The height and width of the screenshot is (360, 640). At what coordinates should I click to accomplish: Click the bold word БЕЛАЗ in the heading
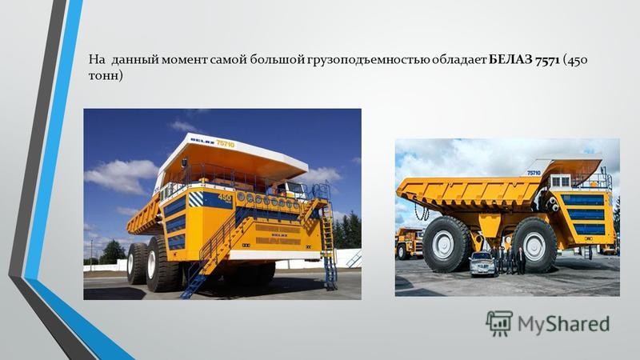pos(510,60)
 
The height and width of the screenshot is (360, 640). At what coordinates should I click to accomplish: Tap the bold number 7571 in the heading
pos(547,61)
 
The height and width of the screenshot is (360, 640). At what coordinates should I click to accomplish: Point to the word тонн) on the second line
pos(106,76)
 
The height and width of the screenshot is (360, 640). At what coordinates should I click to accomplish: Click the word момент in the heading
pos(185,61)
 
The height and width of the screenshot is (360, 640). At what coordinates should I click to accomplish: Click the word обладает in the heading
pos(459,60)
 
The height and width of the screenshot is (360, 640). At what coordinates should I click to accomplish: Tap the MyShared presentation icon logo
pos(499,324)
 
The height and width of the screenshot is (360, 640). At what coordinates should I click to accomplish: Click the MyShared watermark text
pos(564,324)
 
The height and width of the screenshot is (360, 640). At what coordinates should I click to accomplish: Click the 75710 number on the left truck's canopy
pos(225,143)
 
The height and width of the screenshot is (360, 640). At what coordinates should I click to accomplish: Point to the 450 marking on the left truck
pos(225,198)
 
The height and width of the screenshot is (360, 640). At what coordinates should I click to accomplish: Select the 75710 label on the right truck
pos(534,173)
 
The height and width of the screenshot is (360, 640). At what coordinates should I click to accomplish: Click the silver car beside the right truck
pos(482,263)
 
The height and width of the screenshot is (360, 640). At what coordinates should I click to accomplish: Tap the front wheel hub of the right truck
pos(443,246)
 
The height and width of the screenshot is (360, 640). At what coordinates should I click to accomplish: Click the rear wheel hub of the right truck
pos(534,246)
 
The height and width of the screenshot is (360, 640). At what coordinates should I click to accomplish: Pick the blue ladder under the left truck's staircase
pos(194,282)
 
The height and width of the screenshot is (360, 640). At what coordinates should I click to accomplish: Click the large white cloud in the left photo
pos(122,176)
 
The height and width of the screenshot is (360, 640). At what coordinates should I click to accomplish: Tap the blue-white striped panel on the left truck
pos(195,199)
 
